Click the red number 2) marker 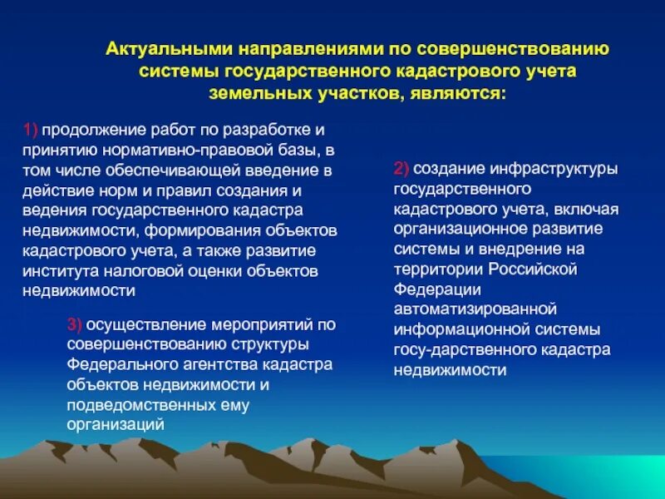click(x=401, y=169)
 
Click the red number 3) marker click(x=74, y=324)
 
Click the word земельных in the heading click(x=252, y=92)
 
